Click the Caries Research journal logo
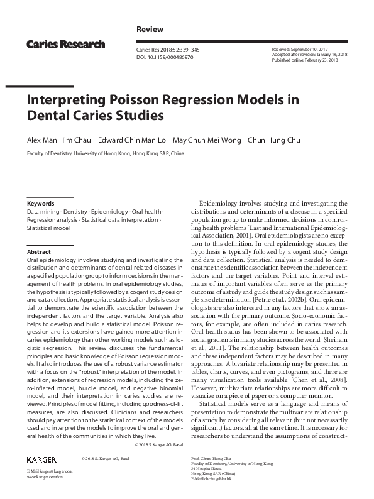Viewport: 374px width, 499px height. click(65, 45)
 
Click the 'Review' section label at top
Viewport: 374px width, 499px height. click(150, 30)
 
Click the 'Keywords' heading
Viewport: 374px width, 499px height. click(40, 204)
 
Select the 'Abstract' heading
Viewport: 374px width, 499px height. click(39, 251)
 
